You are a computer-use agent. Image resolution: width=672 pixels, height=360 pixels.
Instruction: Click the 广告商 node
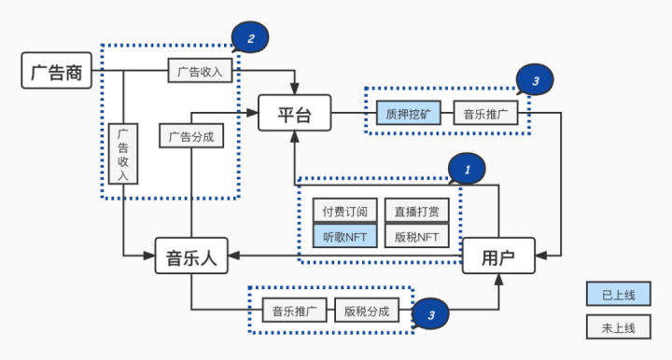point(57,72)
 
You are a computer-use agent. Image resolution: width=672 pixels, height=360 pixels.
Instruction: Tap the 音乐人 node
point(191,256)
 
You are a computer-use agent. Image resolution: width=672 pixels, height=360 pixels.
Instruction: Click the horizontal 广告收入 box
point(200,71)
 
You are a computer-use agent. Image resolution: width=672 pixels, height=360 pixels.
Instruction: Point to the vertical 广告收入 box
point(123,155)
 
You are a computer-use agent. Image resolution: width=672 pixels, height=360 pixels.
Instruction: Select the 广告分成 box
point(191,136)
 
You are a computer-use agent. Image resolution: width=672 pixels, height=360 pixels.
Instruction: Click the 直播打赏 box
point(416,211)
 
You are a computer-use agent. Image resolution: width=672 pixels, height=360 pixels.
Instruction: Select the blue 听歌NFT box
point(344,237)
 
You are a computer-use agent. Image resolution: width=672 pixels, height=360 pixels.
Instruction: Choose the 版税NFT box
point(416,237)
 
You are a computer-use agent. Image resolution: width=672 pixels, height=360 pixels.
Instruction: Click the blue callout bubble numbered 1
point(467,168)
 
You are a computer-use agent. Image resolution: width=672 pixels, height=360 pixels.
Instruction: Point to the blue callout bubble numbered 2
point(250,37)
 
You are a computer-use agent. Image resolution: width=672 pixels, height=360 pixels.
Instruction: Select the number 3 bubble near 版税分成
point(430,315)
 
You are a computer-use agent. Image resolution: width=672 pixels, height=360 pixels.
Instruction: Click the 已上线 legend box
point(617,294)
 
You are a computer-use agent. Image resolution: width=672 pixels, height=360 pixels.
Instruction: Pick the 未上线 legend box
point(617,327)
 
